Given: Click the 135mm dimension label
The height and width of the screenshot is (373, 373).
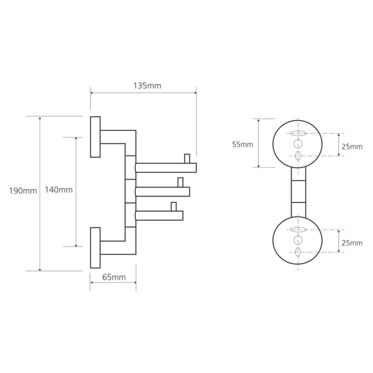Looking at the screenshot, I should [147, 86].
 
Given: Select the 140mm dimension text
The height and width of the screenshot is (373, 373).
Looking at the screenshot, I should [59, 189].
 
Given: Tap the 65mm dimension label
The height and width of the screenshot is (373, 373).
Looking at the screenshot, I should [113, 277].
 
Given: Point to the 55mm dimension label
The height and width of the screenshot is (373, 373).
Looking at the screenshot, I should [242, 144].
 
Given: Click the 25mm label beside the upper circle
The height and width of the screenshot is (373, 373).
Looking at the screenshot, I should [352, 147].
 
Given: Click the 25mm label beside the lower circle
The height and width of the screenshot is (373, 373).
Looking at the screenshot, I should [352, 243].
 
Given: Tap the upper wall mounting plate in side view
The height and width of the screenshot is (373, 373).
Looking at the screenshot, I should [95, 137].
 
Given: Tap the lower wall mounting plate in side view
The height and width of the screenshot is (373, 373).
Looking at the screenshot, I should [95, 248].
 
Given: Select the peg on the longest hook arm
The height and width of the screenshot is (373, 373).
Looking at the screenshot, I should [187, 158].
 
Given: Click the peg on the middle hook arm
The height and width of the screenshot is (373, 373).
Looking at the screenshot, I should [180, 182].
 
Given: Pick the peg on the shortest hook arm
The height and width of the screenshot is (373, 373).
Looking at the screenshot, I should [173, 206].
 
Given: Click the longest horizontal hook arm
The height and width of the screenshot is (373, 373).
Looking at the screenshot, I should [166, 168].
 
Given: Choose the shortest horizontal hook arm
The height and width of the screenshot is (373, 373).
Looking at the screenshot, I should [159, 216].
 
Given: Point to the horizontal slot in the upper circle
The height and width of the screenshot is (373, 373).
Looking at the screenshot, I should [298, 133].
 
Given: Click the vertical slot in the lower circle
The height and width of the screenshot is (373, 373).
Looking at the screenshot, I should [298, 252].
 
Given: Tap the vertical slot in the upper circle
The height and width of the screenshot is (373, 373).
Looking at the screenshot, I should [298, 156].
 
